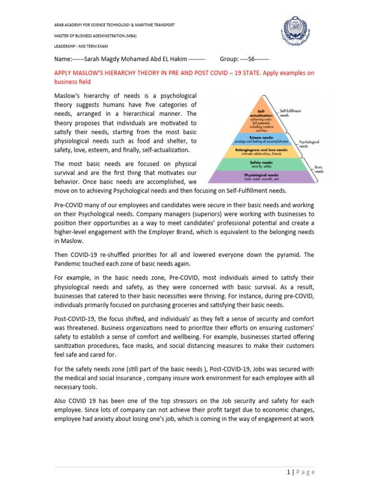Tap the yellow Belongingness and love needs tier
261,152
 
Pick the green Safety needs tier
261,164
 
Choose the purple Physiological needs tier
261,177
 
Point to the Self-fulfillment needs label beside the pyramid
290,113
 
